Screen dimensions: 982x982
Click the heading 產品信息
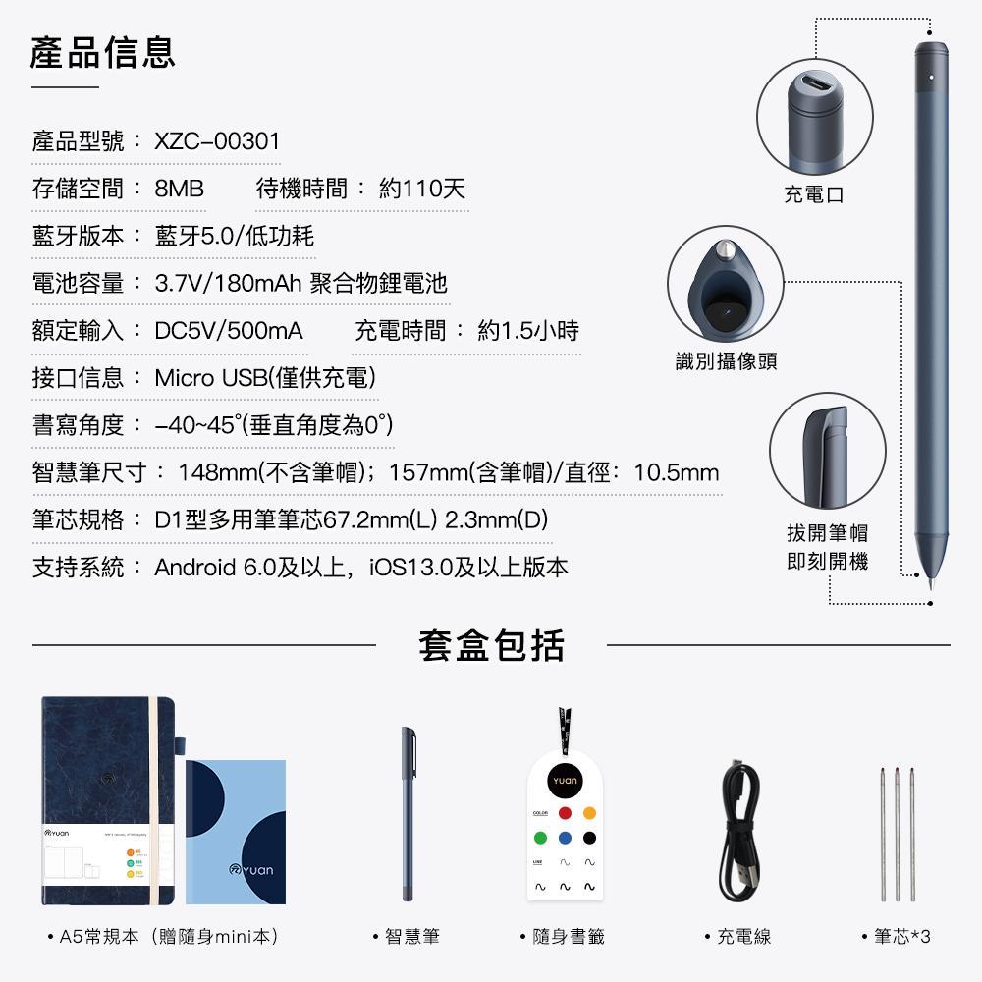103,52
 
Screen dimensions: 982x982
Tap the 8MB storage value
179,189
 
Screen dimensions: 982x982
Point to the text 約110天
421,189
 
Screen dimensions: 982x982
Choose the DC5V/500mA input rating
229,331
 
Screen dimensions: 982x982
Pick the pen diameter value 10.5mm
677,473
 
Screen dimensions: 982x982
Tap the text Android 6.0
212,568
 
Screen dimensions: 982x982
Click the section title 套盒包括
491,646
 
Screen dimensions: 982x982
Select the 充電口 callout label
814,194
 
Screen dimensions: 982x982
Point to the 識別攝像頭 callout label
726,361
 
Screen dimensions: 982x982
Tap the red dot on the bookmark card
565,813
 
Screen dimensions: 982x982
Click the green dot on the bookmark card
539,838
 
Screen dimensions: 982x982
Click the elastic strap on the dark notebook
154,800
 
